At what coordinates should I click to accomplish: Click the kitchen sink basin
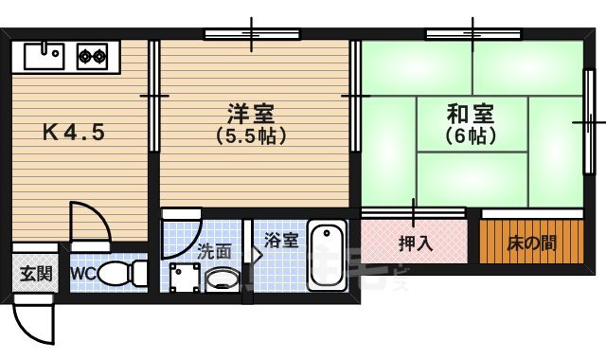(x=43, y=58)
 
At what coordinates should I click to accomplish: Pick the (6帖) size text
(x=470, y=135)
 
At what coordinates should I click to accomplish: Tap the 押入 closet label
(x=415, y=243)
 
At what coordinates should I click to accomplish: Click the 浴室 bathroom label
(x=281, y=241)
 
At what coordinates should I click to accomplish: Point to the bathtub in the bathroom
(x=329, y=255)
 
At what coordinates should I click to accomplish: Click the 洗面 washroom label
(x=214, y=252)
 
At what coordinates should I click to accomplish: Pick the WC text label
(x=81, y=276)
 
